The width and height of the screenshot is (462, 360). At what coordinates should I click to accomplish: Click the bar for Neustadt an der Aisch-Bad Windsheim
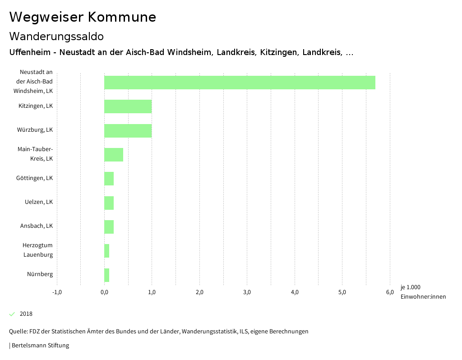pos(240,83)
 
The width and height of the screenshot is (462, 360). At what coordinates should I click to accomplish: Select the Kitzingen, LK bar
pos(128,106)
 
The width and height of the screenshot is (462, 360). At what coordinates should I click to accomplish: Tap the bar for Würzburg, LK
pos(128,131)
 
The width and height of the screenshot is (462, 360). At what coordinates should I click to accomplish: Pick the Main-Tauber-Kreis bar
pos(114,155)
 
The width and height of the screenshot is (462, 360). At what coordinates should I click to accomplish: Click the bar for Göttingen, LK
pos(109,179)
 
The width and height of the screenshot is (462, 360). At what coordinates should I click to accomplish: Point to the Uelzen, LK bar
pos(109,203)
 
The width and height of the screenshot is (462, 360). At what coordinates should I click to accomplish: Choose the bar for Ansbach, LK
pos(109,227)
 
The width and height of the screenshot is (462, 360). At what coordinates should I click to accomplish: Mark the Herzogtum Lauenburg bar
pos(106,251)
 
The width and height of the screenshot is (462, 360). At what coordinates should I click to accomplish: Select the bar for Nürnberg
pos(106,275)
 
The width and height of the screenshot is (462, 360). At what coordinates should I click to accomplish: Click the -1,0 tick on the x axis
pos(57,292)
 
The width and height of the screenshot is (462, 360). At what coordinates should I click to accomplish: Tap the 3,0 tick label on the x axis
pos(247,292)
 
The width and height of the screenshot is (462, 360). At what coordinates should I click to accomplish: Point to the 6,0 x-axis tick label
pos(390,292)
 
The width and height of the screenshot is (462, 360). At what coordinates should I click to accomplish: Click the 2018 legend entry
pos(26,314)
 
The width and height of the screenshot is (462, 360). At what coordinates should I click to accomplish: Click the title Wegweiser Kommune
pos(83,17)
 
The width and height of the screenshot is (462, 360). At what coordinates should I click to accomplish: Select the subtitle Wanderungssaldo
pos(56,36)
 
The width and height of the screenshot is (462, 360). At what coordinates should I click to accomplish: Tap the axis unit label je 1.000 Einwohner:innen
pos(423,292)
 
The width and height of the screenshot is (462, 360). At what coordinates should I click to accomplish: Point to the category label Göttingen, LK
pos(34,178)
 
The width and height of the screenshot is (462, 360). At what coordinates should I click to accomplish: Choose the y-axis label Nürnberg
pos(40,274)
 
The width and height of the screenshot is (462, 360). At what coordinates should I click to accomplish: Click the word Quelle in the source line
pos(18,332)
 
